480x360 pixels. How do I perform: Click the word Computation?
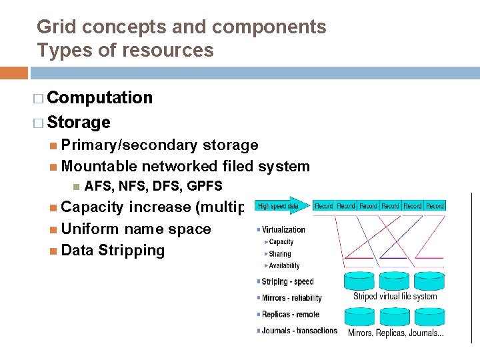point(100,98)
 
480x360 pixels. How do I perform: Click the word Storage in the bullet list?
point(79,123)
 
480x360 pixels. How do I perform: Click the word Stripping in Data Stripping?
point(131,251)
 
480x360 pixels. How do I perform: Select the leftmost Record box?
point(324,206)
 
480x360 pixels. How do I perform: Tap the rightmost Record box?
point(435,206)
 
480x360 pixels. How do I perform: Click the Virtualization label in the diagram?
point(283,230)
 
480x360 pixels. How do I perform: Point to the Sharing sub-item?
point(280,254)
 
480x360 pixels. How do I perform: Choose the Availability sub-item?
point(284,265)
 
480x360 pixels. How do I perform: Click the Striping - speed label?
point(287,282)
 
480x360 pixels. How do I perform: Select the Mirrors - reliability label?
point(291,298)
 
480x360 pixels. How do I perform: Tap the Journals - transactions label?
point(299,331)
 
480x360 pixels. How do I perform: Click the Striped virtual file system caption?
point(395,297)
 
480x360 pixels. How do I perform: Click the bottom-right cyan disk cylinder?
point(429,314)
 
